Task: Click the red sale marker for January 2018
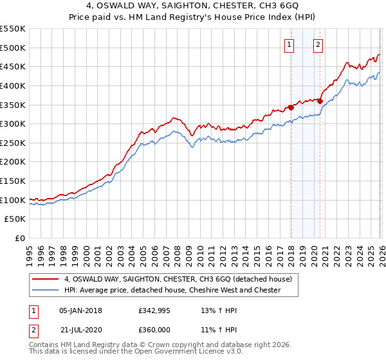[x=291, y=107]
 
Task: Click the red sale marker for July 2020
[x=320, y=101]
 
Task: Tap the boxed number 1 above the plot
[x=289, y=44]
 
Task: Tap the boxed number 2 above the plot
[x=318, y=44]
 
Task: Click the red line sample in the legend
[x=46, y=279]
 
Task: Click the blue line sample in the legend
[x=46, y=290]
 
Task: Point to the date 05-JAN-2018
[x=80, y=310]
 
